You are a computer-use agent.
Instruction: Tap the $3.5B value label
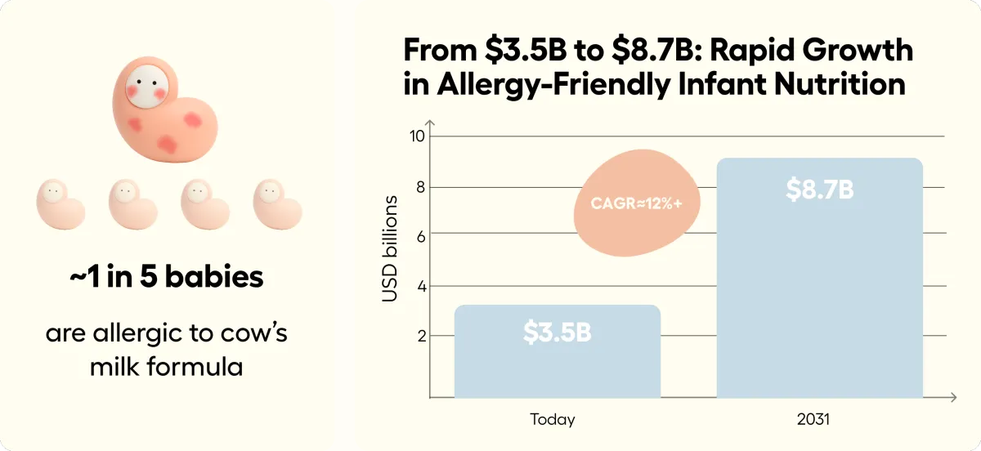(557, 333)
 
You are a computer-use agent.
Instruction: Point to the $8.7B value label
(819, 190)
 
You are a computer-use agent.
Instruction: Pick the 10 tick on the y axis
(417, 136)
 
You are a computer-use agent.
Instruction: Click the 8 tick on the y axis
(419, 186)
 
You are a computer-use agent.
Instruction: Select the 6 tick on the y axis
(419, 235)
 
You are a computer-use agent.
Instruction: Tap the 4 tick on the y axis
(419, 286)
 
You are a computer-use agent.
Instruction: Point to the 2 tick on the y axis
(419, 336)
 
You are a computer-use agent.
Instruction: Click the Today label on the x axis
(553, 420)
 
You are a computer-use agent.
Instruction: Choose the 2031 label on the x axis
(813, 420)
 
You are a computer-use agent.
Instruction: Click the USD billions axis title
(391, 248)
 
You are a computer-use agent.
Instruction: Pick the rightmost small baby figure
(277, 203)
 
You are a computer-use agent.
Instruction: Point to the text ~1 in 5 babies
(167, 278)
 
